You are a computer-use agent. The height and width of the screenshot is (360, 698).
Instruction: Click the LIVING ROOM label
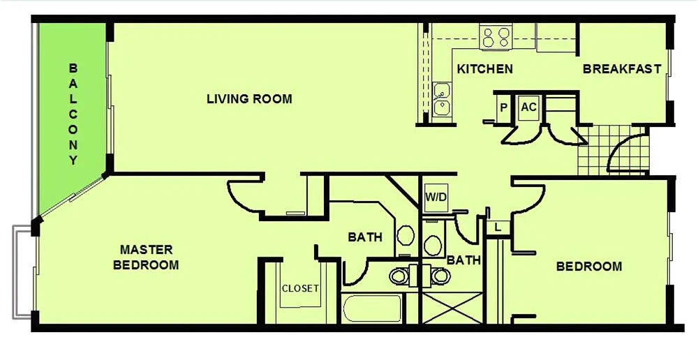(249, 99)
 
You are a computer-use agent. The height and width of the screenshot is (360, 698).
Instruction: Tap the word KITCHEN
(485, 70)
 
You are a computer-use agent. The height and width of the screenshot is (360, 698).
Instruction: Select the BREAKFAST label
(622, 69)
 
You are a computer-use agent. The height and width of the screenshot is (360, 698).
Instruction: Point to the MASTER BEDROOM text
(146, 257)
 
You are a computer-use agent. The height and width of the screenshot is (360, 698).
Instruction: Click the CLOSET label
(300, 288)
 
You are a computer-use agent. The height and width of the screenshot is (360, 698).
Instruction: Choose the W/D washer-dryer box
(436, 197)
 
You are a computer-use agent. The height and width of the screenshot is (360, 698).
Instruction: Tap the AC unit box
(528, 107)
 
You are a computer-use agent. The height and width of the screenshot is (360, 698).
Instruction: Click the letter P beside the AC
(504, 107)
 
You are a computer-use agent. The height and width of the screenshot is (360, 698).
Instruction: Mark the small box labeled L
(498, 227)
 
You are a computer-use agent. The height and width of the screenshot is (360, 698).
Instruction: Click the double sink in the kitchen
(442, 99)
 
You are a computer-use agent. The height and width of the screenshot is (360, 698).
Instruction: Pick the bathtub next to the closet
(373, 308)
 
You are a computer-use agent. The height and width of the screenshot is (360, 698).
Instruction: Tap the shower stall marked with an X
(452, 308)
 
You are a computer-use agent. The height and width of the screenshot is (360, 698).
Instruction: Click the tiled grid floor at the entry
(613, 151)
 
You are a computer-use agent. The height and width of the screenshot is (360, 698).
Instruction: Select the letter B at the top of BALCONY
(73, 68)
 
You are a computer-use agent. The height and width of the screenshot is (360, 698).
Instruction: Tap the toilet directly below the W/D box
(432, 243)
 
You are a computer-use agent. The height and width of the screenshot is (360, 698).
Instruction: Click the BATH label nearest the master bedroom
(365, 237)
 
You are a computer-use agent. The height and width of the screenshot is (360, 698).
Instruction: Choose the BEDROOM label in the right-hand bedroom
(589, 267)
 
